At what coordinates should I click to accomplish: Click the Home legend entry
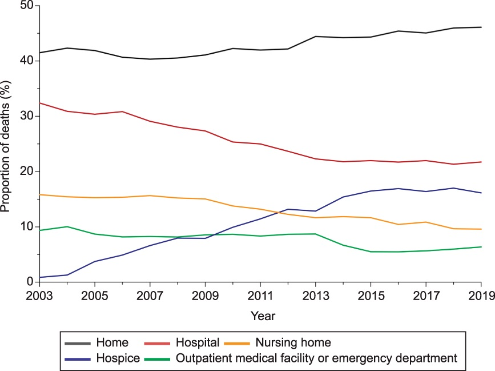112,343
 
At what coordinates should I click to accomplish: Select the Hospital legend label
198,343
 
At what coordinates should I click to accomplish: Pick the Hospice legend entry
118,358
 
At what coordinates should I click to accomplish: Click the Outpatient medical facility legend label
317,358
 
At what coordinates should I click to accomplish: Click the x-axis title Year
260,315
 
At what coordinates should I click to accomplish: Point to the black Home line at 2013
316,37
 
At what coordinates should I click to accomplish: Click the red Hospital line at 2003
39,103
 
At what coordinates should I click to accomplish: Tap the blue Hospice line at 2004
67,275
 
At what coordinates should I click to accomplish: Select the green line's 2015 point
371,252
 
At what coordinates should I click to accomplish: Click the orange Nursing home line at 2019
481,229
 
